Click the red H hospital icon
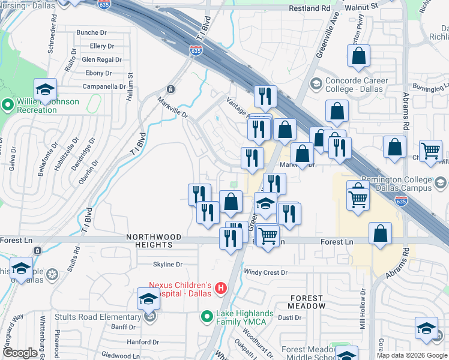coord(220,289)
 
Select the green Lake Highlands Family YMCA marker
coord(207,315)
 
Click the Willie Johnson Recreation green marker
coord(8,106)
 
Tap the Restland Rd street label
coord(309,9)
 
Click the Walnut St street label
coord(360,6)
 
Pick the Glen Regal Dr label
coord(101,59)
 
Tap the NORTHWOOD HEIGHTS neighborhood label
coord(149,241)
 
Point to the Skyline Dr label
coord(167,264)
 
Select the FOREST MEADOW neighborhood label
coord(308,302)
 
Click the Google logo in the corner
coord(20,353)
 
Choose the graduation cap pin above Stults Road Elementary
coord(149,298)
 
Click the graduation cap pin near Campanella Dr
coord(45,89)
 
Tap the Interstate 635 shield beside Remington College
coord(402,202)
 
